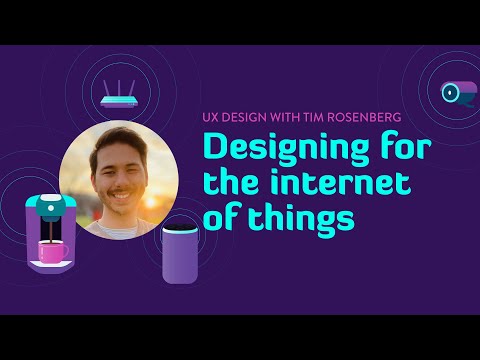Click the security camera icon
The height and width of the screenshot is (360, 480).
459,93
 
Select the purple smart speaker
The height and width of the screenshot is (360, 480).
181,252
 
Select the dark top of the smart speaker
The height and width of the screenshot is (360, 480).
181,229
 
